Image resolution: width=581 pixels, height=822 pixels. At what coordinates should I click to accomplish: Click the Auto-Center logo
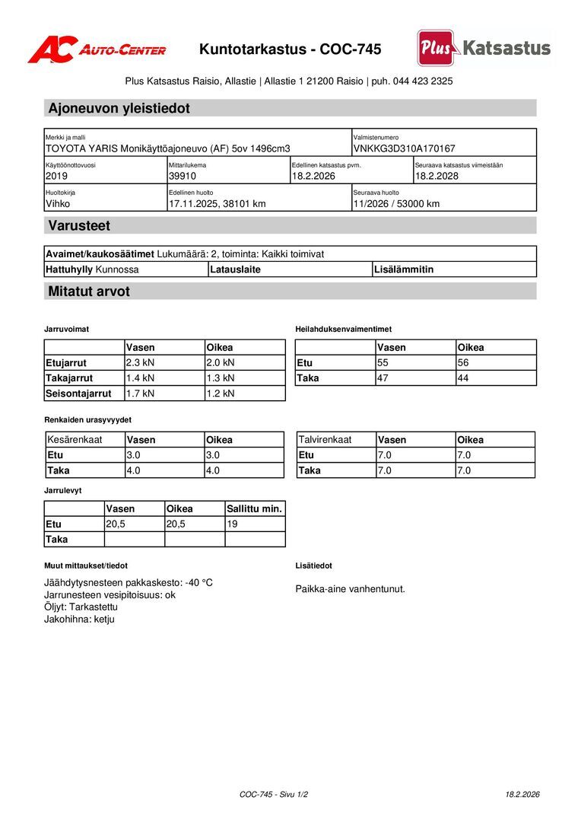[x=97, y=49]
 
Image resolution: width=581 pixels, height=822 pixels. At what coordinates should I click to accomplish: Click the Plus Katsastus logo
[x=484, y=48]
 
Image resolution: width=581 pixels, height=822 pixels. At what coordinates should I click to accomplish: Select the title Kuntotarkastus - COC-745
[x=290, y=49]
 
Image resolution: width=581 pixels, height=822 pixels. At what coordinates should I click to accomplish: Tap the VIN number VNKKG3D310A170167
[x=404, y=148]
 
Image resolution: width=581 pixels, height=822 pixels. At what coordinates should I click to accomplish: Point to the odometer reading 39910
[x=183, y=176]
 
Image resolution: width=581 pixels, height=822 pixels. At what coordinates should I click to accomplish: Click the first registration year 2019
[x=56, y=176]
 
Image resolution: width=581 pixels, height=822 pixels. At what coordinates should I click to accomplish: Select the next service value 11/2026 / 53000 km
[x=396, y=204]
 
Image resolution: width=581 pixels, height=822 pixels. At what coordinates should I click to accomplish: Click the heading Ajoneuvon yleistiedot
[x=119, y=108]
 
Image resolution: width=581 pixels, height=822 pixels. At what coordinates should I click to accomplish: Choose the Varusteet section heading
[x=79, y=225]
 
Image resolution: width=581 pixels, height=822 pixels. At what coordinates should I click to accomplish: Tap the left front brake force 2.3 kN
[x=140, y=363]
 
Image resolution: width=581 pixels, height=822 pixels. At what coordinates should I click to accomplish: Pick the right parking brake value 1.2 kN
[x=220, y=393]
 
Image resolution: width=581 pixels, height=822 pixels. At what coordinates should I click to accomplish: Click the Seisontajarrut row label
[x=78, y=393]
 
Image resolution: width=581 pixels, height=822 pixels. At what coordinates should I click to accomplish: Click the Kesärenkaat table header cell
[x=75, y=440]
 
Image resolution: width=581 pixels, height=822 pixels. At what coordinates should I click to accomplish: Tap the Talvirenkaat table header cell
[x=325, y=440]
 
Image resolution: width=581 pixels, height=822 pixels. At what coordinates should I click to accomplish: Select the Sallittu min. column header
[x=254, y=508]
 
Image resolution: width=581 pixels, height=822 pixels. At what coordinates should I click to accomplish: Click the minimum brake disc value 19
[x=233, y=524]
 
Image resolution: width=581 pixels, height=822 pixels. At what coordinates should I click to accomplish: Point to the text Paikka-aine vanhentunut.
[x=350, y=589]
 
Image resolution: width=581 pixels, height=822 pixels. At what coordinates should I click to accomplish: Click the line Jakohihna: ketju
[x=79, y=620]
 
